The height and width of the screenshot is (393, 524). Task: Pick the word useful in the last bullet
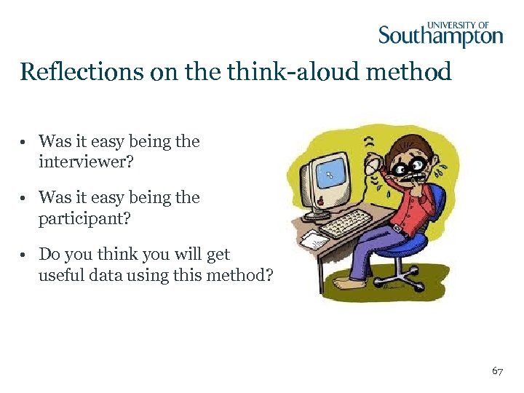point(62,275)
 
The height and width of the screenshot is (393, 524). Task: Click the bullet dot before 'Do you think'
point(25,255)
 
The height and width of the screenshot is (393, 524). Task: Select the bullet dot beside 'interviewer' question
point(25,142)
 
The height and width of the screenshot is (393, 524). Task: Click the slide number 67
point(498,371)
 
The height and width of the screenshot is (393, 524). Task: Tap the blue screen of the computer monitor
point(332,174)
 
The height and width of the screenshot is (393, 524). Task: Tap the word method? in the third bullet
point(239,275)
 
